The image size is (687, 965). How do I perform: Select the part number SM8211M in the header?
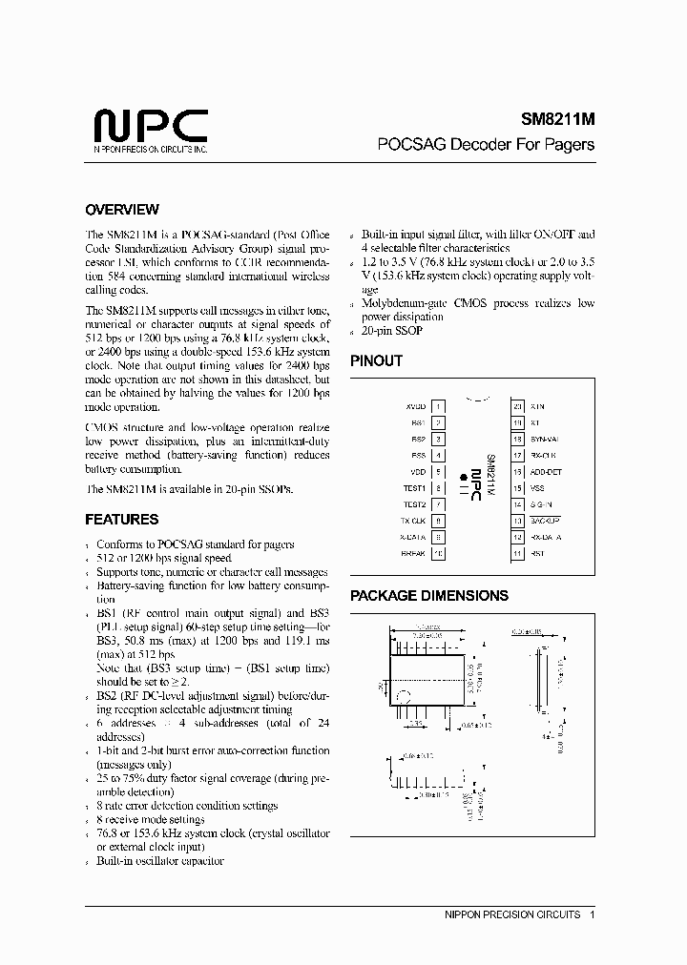pos(557,121)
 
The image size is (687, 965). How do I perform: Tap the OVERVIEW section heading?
pos(122,210)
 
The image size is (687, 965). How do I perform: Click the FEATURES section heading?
pos(122,520)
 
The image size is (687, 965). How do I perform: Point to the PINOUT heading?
pos(376,360)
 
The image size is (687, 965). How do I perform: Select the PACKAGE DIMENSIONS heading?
pos(428,595)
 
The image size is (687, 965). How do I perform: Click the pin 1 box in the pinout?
pos(438,406)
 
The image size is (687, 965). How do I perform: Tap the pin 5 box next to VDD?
pos(438,471)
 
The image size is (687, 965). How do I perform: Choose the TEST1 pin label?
pos(414,487)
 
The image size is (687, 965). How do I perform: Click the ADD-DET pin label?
pos(546,471)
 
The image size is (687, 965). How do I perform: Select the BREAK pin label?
pos(413,553)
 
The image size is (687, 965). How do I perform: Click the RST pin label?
pos(536,553)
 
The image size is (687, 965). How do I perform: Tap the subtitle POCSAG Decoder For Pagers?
pos(486,145)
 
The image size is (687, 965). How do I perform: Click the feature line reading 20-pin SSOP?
pos(392,330)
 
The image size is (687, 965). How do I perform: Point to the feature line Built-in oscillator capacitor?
pos(159,861)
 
